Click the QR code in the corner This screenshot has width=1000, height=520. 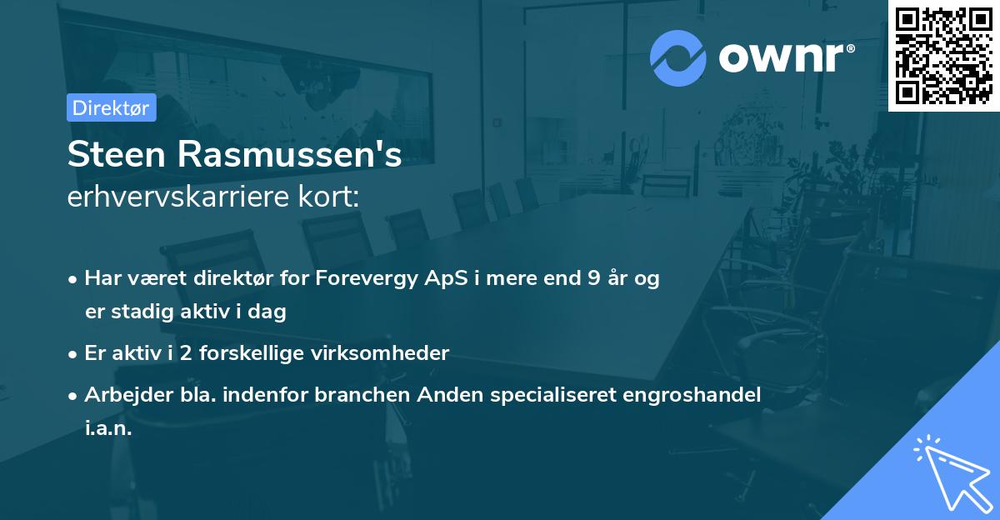coord(943,55)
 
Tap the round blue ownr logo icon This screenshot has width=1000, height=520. coord(678,57)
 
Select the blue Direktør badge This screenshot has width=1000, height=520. coord(111,107)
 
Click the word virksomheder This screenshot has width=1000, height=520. coord(392,352)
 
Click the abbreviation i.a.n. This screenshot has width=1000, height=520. coord(108,428)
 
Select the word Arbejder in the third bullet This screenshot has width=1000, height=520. coord(122,395)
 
